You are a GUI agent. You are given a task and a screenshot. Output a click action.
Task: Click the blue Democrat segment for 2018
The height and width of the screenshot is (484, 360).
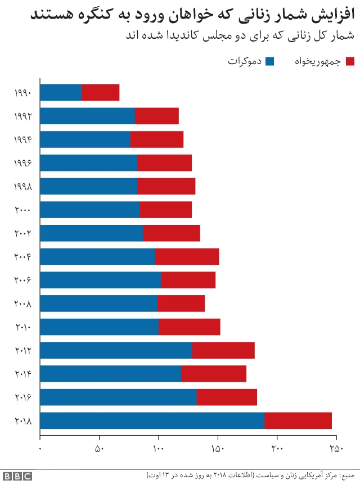click(x=152, y=420)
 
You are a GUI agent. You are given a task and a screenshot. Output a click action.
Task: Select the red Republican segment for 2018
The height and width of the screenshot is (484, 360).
click(x=298, y=420)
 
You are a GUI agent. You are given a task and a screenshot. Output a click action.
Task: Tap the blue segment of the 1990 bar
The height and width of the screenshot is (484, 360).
click(x=61, y=93)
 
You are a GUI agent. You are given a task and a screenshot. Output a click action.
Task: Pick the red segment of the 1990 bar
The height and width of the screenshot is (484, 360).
click(x=100, y=93)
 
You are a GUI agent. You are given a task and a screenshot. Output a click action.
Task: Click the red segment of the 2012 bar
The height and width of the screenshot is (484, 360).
click(x=223, y=350)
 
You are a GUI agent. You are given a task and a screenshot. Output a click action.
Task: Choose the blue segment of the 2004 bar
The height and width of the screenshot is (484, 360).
click(x=97, y=256)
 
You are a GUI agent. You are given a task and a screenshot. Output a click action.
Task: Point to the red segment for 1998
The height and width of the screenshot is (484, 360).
click(x=166, y=186)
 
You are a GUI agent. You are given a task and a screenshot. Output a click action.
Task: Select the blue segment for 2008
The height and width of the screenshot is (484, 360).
click(x=98, y=304)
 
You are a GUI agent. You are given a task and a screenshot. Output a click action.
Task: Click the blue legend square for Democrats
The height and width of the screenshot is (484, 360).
click(x=269, y=61)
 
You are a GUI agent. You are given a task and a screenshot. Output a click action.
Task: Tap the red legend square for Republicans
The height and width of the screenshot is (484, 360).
click(x=350, y=61)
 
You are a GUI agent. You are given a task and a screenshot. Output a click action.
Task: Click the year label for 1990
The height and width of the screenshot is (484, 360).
click(x=23, y=93)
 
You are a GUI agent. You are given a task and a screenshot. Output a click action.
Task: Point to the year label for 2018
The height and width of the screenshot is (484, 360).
click(x=23, y=420)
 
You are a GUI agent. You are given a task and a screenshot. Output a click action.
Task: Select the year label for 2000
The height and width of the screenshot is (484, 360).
click(x=23, y=210)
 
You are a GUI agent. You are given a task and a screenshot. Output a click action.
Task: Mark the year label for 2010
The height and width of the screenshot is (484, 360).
click(x=23, y=327)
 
